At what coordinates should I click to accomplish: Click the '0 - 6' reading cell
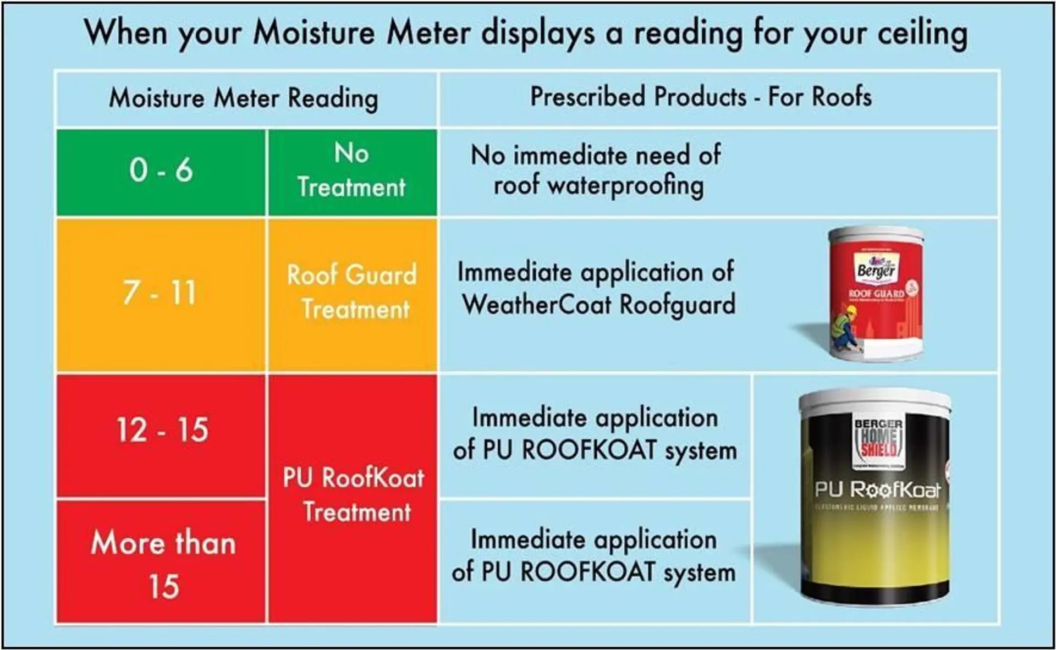(161, 170)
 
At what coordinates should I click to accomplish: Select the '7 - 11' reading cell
(159, 293)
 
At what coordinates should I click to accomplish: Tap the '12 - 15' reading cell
(162, 430)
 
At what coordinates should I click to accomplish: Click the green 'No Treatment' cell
(352, 170)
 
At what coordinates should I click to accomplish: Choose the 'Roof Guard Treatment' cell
(352, 293)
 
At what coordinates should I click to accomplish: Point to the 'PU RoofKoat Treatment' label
(354, 495)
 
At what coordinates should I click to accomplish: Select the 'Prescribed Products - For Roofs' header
(701, 97)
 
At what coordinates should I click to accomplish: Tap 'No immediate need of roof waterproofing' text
(596, 170)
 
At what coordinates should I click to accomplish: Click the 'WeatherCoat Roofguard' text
(598, 305)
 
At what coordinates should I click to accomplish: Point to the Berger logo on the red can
(876, 269)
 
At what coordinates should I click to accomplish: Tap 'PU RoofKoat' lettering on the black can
(877, 489)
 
